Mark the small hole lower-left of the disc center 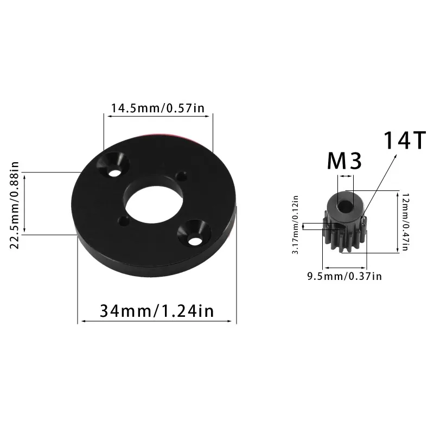tap(124, 221)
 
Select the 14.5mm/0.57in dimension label tap(157, 108)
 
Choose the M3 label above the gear tap(344, 162)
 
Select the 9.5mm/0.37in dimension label tap(344, 277)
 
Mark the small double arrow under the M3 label tap(346, 176)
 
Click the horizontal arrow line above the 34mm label tap(157, 322)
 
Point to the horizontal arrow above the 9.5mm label tap(345, 267)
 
